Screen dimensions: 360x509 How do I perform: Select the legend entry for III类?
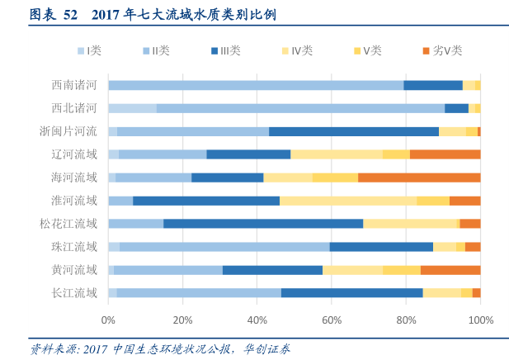point(225,51)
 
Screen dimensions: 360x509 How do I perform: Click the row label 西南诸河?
point(74,85)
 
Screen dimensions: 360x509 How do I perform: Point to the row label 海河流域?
point(74,178)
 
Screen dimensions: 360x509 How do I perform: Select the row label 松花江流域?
point(68,224)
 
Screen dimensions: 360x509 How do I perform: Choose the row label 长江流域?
point(74,293)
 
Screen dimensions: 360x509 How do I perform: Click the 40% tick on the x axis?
point(257,320)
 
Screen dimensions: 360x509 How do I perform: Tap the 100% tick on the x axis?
point(480,320)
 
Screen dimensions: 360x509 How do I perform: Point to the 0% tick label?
point(108,320)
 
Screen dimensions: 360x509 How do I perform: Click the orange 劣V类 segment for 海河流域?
point(419,178)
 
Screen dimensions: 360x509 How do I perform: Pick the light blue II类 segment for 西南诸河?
point(256,85)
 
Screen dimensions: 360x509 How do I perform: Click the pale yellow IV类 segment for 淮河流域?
point(348,201)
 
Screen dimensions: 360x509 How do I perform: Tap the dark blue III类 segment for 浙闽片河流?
point(354,131)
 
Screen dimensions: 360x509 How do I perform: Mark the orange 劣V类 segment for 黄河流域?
point(450,270)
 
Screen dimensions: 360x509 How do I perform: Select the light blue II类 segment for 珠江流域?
point(224,247)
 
